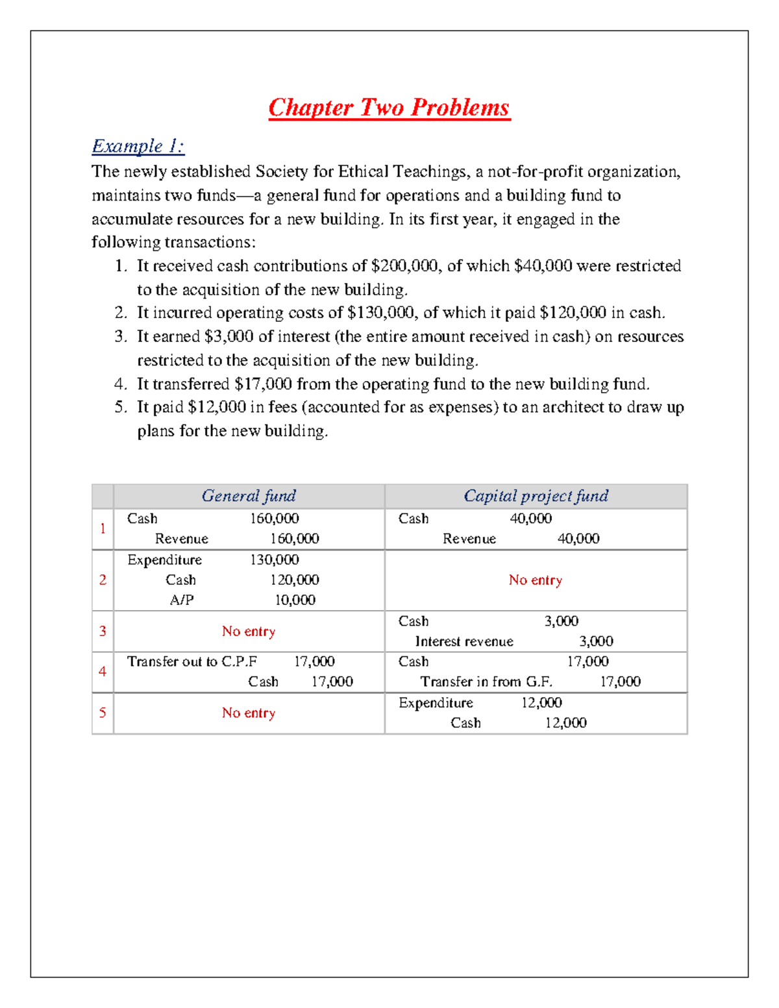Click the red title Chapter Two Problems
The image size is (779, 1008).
click(389, 108)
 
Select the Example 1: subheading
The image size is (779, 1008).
click(138, 146)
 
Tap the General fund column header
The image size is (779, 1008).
click(249, 496)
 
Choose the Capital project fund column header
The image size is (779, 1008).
click(536, 496)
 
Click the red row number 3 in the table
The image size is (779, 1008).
click(103, 631)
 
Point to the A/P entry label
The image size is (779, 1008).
click(182, 600)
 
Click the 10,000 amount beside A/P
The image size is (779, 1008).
click(295, 600)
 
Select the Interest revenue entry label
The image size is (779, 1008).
click(464, 641)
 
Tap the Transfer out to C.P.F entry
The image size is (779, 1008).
click(192, 661)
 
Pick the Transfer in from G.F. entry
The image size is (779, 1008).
click(486, 682)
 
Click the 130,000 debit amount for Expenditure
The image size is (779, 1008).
click(275, 559)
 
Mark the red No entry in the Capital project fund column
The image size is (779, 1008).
click(536, 580)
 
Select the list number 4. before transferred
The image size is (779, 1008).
click(121, 384)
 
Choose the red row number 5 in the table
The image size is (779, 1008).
click(103, 713)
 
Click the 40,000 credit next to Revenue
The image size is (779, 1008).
click(578, 539)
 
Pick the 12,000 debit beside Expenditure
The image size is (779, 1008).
click(541, 702)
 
